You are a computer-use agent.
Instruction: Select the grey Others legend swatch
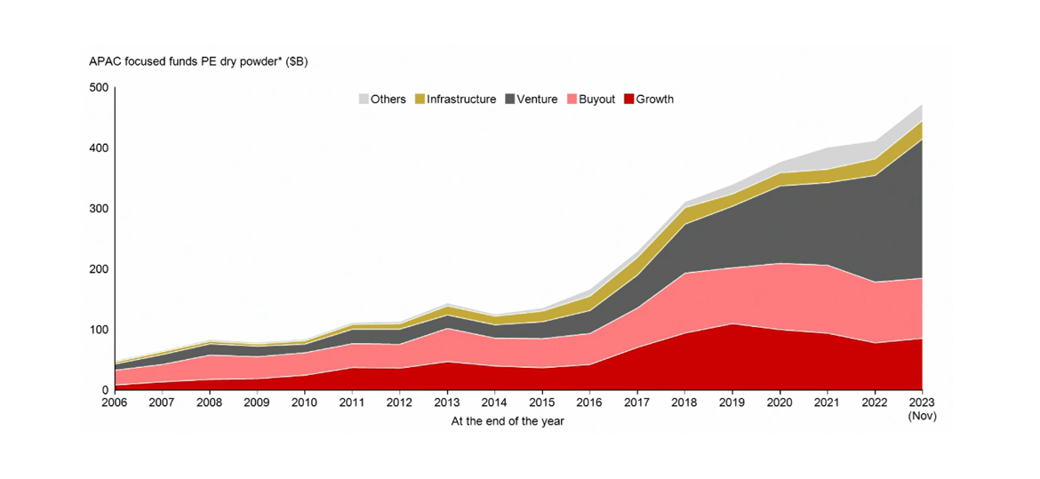click(364, 100)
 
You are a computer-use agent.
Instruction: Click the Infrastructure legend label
click(460, 100)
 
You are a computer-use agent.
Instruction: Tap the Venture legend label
click(537, 100)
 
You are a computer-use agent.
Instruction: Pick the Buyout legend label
click(596, 100)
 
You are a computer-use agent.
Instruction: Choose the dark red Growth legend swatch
click(629, 100)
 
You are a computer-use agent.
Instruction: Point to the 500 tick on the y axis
click(99, 87)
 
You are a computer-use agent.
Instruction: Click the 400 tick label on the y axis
click(99, 148)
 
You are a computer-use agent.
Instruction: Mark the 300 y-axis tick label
click(99, 208)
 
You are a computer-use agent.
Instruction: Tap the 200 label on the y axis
click(99, 268)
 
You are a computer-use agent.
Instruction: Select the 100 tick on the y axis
click(99, 330)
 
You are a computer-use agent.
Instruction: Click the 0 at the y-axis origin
click(105, 390)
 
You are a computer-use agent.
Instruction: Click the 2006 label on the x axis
click(115, 403)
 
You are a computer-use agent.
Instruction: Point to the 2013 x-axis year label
click(447, 403)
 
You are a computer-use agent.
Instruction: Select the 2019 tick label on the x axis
click(732, 403)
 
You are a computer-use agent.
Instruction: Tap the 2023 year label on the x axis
click(922, 403)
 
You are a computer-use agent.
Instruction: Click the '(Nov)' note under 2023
click(922, 416)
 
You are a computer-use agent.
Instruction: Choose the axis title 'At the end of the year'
click(508, 421)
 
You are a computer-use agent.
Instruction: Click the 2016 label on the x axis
click(589, 403)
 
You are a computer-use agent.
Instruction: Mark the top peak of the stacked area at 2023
click(921, 106)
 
